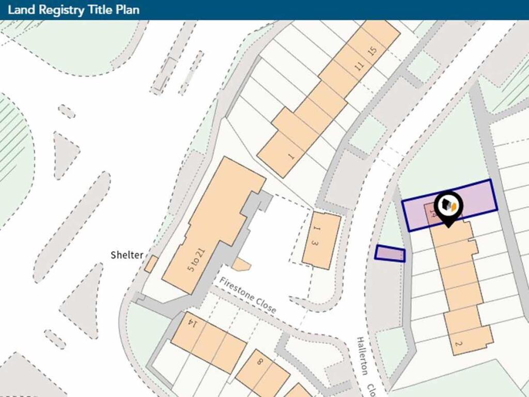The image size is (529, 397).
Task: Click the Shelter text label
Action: (127, 255)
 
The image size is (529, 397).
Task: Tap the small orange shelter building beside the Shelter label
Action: (151, 264)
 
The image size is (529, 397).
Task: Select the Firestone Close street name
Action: (247, 295)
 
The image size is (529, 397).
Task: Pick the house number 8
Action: (259, 362)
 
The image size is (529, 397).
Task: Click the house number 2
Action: (458, 343)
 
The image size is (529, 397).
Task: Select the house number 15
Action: (372, 52)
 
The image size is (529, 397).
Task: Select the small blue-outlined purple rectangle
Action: (390, 254)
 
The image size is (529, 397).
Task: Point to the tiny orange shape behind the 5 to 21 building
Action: (241, 265)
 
